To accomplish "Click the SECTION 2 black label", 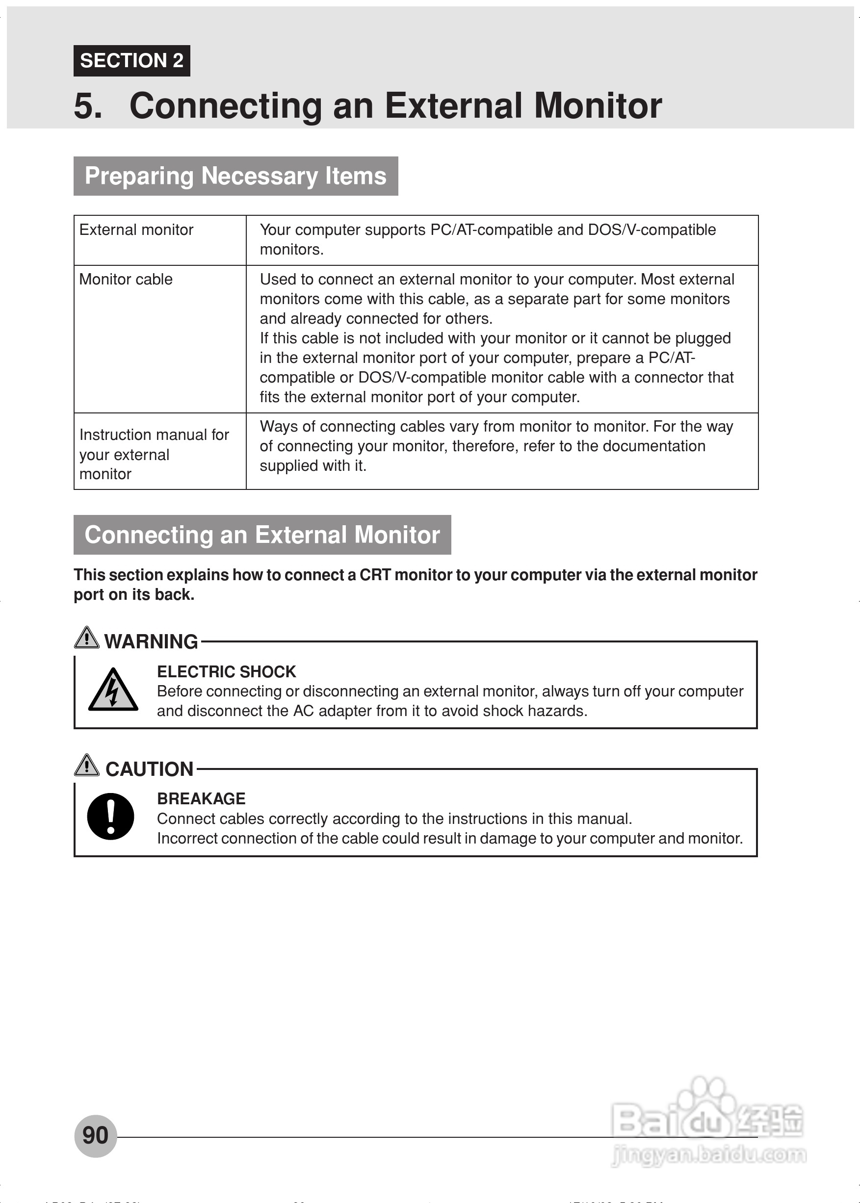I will click(x=131, y=61).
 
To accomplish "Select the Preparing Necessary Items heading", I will click(x=235, y=176).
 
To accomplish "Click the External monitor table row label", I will click(x=136, y=230).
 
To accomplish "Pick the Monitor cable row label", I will click(x=126, y=280).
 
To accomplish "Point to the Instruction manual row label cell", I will click(x=154, y=454).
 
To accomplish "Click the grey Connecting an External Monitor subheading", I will click(x=262, y=535).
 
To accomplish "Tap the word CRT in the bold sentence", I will click(x=374, y=575).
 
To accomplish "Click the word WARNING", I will click(x=151, y=641).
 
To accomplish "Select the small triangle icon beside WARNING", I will click(x=86, y=637).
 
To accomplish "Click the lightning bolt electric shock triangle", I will click(x=113, y=690).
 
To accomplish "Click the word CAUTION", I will click(x=149, y=769).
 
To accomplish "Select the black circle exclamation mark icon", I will click(x=111, y=817).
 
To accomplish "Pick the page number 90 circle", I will click(x=95, y=1136).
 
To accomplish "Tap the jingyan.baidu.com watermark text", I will click(x=708, y=1155).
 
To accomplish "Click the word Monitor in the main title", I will click(x=598, y=105).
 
